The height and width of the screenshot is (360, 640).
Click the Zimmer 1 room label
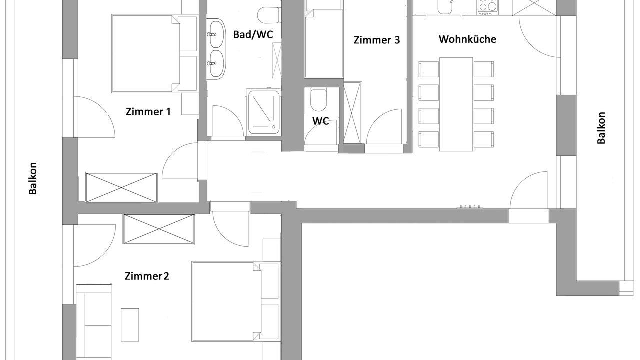[148, 111]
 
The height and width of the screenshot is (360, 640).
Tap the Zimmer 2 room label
[147, 276]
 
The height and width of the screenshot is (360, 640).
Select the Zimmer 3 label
[377, 40]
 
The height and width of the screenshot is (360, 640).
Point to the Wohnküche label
[467, 39]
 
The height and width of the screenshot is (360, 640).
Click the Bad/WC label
[253, 34]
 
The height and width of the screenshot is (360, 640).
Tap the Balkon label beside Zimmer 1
[33, 178]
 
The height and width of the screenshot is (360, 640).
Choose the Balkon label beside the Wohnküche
[601, 128]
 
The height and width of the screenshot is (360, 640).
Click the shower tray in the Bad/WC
[263, 112]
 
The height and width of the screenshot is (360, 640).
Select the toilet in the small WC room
[318, 100]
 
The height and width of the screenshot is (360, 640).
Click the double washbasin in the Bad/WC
[216, 49]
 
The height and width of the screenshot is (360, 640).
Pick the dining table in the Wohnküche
[456, 104]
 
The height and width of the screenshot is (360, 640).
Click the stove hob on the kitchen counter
[487, 7]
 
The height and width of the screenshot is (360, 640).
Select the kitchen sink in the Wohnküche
[445, 7]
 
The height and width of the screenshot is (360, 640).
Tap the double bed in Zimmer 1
[154, 53]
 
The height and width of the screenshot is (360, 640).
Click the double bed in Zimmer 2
[235, 301]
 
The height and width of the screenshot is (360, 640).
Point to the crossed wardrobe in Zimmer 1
[121, 187]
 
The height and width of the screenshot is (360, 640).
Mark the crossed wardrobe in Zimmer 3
[352, 113]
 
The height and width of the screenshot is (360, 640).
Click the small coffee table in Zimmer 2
[130, 325]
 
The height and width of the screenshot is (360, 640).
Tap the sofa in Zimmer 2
[94, 322]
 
